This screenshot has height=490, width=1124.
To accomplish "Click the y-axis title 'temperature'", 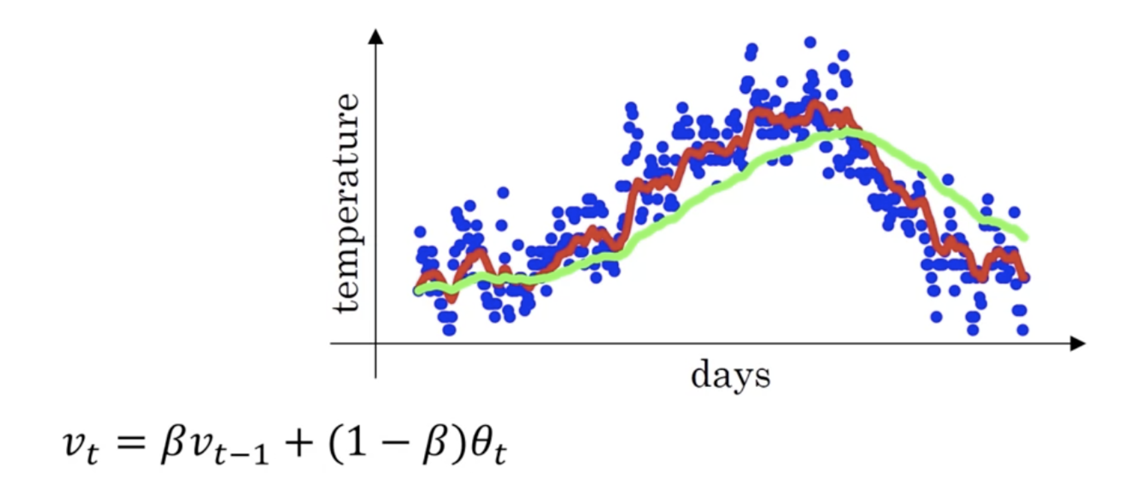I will coord(348,203).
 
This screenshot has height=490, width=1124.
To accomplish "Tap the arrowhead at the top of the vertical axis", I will coord(375,36).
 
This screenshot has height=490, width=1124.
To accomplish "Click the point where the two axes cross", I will coord(375,343).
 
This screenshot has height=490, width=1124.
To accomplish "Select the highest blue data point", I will coord(810,42).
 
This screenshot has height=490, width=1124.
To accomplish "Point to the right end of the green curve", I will coord(1025,237).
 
